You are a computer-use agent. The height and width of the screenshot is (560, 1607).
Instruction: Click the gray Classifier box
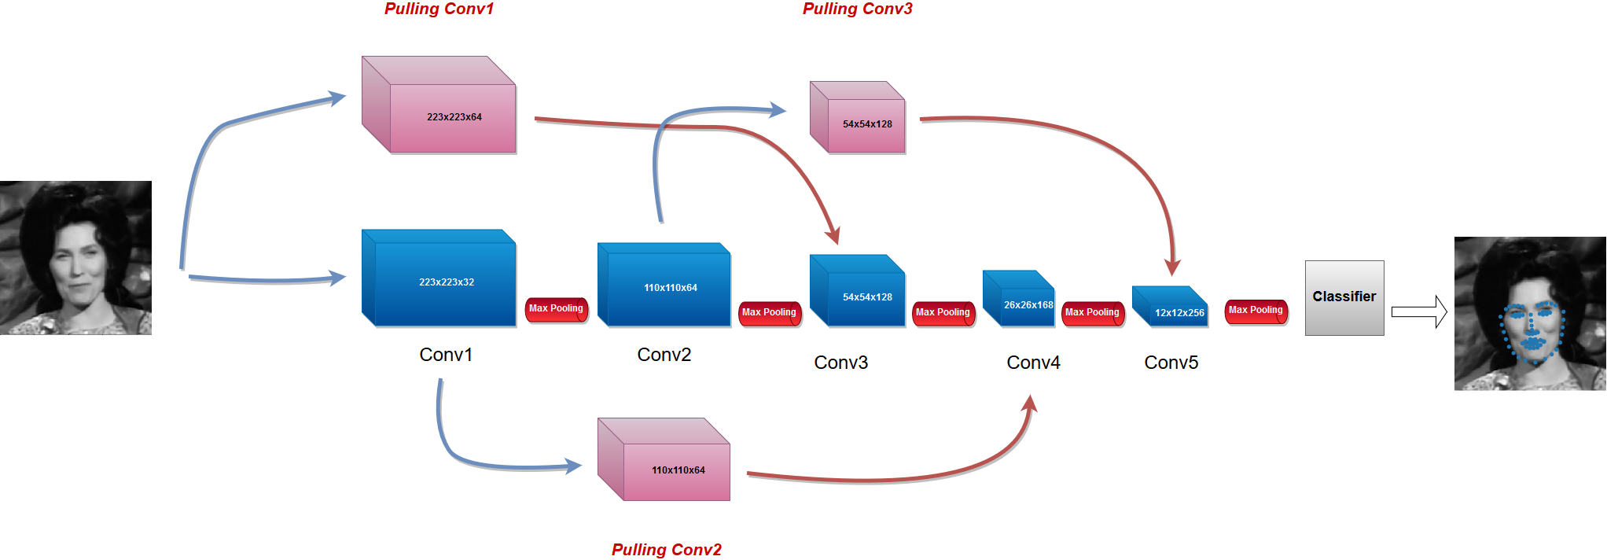click(1344, 297)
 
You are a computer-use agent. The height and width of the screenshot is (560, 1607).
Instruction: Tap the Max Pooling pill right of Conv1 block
click(556, 309)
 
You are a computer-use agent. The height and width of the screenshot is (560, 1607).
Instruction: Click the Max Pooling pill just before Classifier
click(1256, 311)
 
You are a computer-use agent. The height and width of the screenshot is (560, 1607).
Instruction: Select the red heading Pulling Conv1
click(439, 9)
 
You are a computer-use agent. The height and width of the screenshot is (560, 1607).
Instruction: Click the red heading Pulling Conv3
click(857, 9)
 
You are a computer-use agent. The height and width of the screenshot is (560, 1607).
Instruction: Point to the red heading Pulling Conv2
click(666, 549)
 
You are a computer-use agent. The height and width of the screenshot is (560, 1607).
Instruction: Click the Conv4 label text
click(1033, 363)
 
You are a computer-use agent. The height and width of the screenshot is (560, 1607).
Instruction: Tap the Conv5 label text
click(1171, 363)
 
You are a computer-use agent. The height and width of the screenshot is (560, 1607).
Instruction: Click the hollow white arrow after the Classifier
click(1419, 311)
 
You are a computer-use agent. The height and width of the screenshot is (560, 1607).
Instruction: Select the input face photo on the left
click(75, 258)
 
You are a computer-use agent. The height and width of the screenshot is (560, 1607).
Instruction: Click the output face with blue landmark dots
click(1530, 313)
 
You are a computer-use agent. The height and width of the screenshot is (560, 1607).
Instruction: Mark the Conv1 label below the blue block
click(446, 355)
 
